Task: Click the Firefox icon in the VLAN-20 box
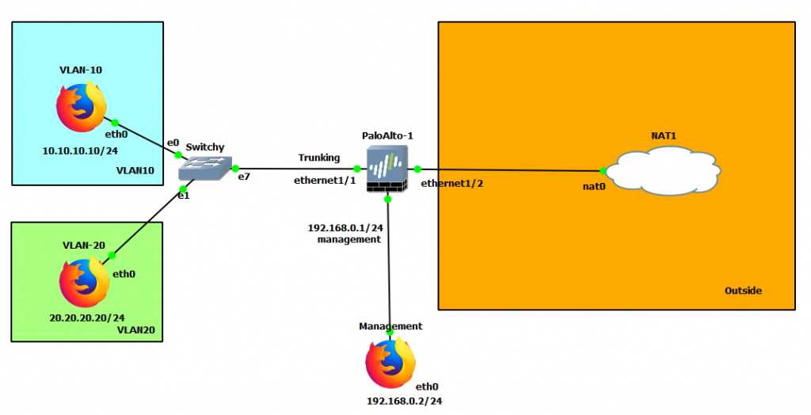(x=84, y=283)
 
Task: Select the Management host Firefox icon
(x=390, y=363)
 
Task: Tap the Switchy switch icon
(x=201, y=167)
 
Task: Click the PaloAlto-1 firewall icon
(x=387, y=169)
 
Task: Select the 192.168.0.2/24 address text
(x=404, y=401)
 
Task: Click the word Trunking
(x=318, y=158)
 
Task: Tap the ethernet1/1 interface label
(x=325, y=181)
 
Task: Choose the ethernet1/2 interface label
(x=451, y=183)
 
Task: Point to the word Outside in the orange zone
(x=743, y=291)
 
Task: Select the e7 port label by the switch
(x=244, y=177)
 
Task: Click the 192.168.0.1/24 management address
(x=345, y=227)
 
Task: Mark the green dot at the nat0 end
(x=603, y=170)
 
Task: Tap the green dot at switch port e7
(x=235, y=168)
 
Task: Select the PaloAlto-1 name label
(x=388, y=135)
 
